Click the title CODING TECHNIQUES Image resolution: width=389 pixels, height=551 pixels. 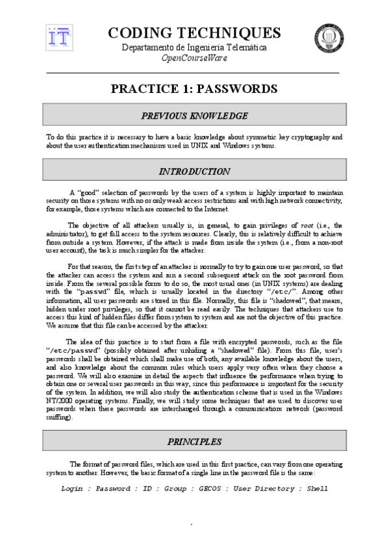click(x=194, y=33)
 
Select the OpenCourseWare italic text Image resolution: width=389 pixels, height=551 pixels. click(x=194, y=58)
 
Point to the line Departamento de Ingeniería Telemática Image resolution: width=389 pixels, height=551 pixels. click(x=194, y=47)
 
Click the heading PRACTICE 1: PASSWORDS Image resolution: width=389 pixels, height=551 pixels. click(x=194, y=88)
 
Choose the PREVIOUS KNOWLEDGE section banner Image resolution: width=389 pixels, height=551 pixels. click(x=194, y=116)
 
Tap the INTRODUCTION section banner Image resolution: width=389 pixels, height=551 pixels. click(x=194, y=172)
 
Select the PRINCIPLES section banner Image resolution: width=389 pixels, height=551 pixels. click(x=194, y=442)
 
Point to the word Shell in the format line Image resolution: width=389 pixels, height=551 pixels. click(x=318, y=487)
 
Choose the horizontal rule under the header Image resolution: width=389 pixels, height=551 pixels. click(x=194, y=72)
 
